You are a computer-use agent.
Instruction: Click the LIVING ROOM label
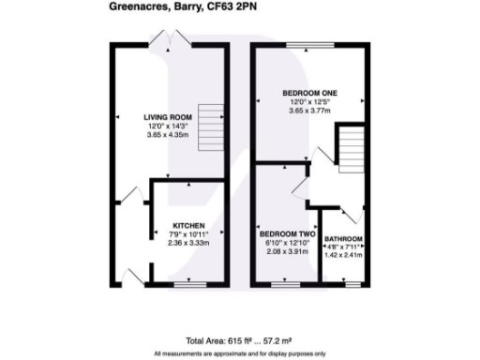point(169,117)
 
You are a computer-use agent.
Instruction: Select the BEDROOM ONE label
point(310,92)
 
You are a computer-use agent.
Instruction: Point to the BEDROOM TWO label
point(286,233)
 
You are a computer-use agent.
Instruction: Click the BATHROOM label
point(342,240)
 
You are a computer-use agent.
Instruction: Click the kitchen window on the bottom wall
point(187,282)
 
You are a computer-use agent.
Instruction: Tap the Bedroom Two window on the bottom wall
point(286,282)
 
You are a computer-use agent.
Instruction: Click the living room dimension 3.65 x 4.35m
point(169,135)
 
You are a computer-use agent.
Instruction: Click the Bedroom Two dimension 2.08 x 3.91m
point(286,250)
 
